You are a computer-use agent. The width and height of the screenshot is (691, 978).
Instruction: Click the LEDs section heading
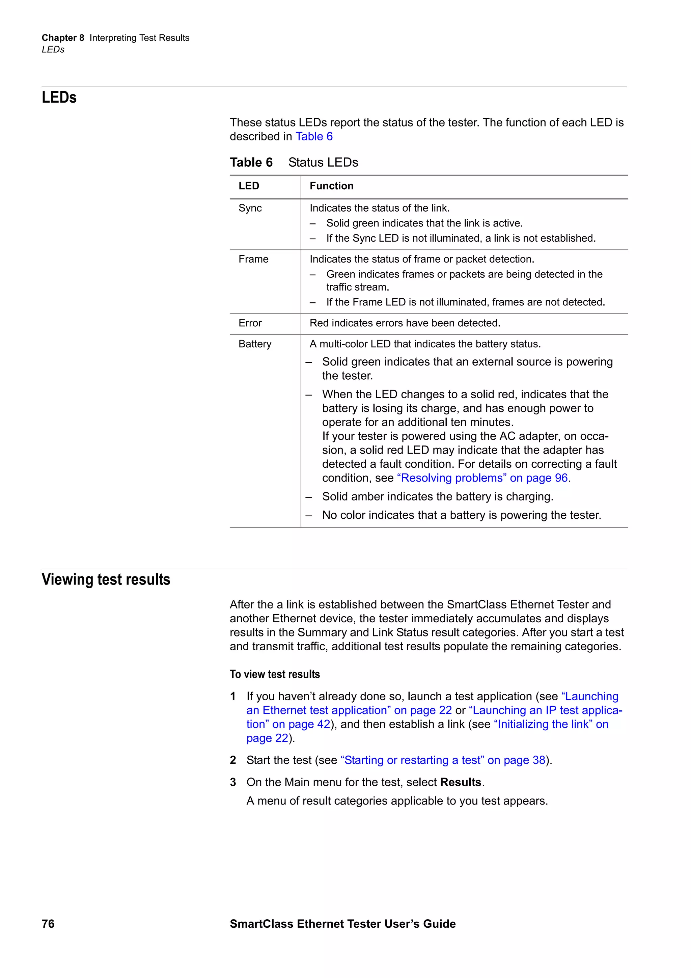point(59,98)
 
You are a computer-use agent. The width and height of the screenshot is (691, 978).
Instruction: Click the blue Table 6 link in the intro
point(314,136)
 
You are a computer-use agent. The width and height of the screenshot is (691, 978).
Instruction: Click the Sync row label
point(250,208)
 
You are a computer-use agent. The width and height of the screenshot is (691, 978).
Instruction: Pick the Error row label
point(250,323)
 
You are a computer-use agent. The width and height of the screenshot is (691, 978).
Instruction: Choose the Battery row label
point(255,344)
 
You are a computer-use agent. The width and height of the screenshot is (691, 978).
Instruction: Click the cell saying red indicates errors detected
point(405,323)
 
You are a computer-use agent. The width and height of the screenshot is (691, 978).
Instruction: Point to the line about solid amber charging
point(437,497)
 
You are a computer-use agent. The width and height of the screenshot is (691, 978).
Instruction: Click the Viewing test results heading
point(106,580)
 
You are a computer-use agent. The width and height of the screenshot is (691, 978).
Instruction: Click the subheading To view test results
point(275,674)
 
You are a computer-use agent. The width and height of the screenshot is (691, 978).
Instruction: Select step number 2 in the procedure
point(233,760)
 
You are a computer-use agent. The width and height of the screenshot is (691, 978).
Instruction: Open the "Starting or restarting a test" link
point(443,760)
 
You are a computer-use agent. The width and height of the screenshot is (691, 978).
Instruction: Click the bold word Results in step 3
point(460,783)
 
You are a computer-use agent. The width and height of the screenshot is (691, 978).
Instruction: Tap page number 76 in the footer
point(48,924)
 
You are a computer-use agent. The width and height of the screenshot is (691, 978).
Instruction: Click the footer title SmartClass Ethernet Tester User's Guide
point(342,924)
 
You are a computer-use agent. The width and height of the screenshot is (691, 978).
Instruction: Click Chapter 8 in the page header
point(62,38)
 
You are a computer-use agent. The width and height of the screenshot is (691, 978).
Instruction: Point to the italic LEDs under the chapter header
point(53,49)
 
